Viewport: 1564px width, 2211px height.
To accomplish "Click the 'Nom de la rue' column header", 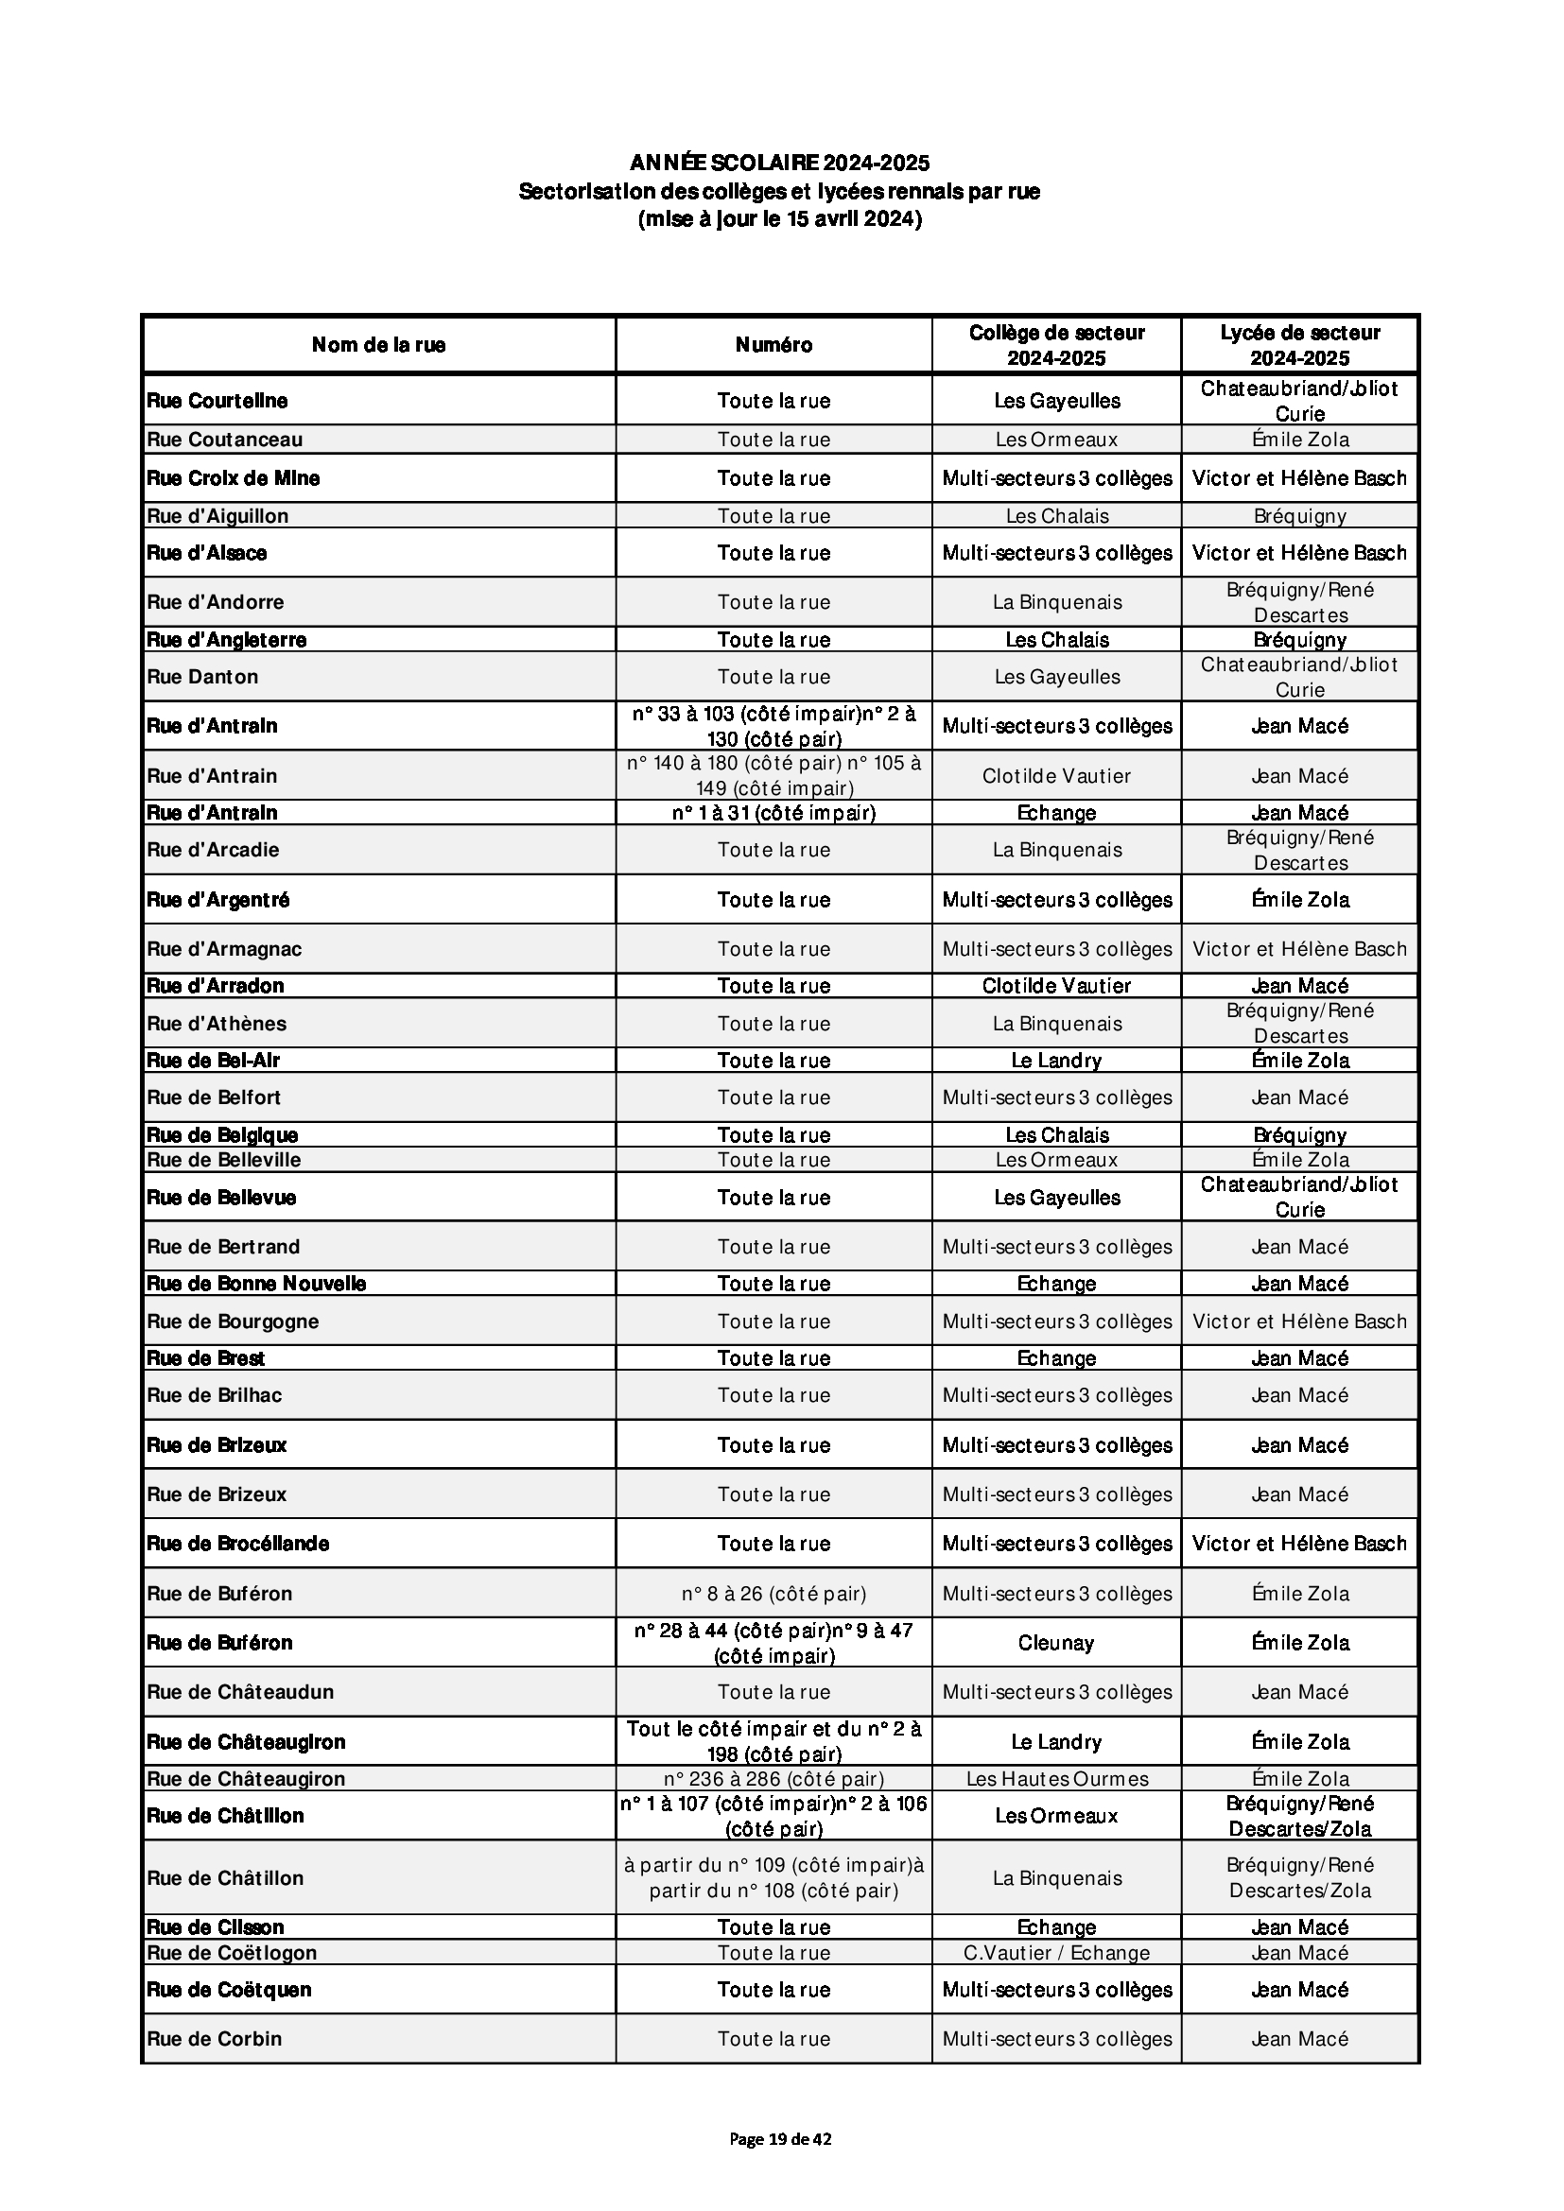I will point(378,345).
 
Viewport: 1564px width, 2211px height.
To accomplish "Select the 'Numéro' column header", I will point(773,345).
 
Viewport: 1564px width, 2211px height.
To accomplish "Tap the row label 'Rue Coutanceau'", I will point(224,440).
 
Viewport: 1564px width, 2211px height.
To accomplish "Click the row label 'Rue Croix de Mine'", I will point(233,477).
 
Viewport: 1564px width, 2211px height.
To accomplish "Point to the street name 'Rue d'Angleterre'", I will point(226,639).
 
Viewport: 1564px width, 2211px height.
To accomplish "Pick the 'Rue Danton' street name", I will point(202,676).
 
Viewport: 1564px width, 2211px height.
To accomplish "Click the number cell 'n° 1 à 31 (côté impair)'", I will point(773,813).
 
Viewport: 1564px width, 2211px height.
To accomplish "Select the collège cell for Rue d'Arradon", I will point(1056,985).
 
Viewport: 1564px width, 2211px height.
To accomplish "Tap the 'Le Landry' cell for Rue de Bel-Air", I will point(1056,1061).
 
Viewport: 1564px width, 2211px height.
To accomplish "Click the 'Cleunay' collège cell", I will point(1056,1643).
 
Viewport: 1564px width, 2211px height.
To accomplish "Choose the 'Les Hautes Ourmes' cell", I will point(1056,1779).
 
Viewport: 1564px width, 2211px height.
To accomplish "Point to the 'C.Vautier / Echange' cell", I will point(1056,1952).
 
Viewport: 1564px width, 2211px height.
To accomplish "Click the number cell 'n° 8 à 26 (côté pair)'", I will point(773,1594).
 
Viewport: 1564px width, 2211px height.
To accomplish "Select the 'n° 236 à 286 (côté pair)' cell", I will point(773,1779).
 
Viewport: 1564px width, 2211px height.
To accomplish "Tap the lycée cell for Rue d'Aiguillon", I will point(1299,516).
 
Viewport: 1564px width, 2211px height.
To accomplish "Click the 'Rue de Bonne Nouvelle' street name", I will point(256,1283).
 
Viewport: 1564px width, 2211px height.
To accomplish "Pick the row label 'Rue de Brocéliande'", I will point(238,1544).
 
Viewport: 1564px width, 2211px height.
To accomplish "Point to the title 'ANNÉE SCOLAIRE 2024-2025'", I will point(779,162).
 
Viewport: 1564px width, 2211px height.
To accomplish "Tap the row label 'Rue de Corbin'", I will point(214,2039).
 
